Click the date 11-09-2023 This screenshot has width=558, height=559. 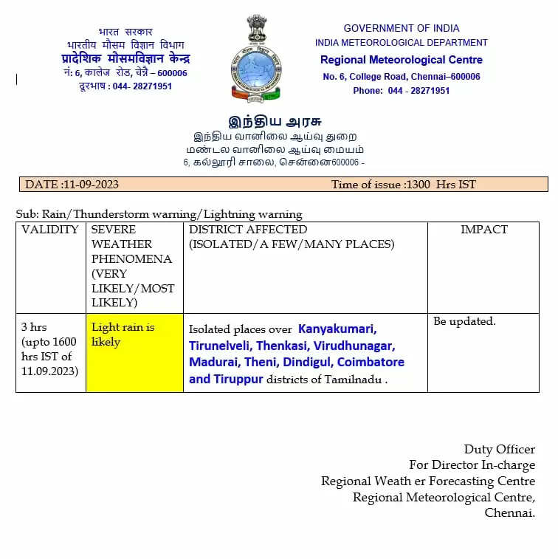91,185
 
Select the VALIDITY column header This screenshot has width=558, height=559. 50,230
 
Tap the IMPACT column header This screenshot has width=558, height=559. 483,230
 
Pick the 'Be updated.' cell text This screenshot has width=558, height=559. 464,321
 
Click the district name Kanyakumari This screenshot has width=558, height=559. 337,329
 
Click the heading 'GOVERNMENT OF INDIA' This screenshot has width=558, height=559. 401,28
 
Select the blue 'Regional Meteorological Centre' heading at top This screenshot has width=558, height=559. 401,60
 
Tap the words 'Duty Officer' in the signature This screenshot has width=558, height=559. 499,449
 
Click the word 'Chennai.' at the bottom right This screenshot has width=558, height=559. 509,512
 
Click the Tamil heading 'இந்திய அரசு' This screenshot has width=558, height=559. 275,122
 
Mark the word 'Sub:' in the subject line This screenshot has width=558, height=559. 27,214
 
